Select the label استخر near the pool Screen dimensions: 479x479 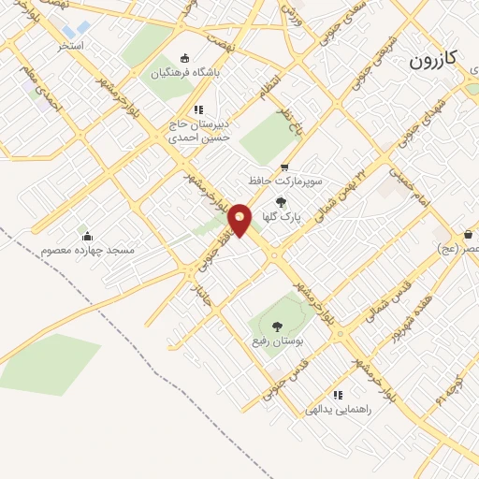69,45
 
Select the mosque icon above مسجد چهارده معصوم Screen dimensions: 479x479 87,236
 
